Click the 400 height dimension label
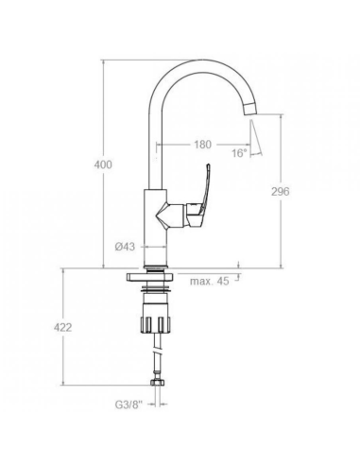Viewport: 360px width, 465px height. [103, 164]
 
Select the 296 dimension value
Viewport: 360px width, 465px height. [280, 191]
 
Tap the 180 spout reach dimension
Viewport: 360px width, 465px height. [202, 145]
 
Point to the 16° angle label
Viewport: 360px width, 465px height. [239, 153]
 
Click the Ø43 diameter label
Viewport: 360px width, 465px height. [125, 247]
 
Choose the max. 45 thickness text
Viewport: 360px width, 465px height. [210, 281]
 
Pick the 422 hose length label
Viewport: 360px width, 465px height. [62, 328]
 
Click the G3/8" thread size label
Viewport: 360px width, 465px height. [129, 405]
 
